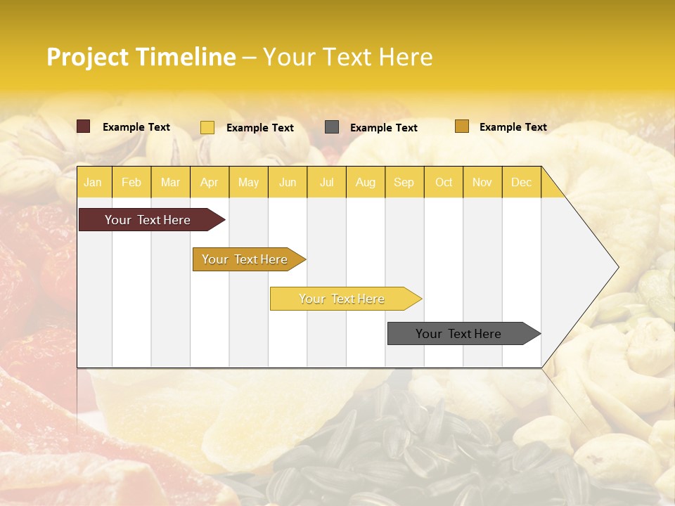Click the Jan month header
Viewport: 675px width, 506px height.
[x=93, y=183]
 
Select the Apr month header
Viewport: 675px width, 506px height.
[x=209, y=183]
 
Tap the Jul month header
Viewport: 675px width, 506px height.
[x=326, y=183]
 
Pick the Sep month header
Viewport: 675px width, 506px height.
[x=404, y=183]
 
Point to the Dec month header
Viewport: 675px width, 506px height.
[x=521, y=183]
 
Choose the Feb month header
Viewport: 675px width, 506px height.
[x=131, y=183]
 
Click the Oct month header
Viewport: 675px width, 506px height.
[x=444, y=183]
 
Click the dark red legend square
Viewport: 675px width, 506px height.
[x=84, y=126]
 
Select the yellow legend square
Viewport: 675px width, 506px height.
[x=207, y=127]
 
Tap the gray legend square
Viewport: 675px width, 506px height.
[x=332, y=127]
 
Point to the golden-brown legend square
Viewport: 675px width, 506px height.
[x=462, y=126]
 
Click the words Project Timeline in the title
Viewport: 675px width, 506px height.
[x=141, y=57]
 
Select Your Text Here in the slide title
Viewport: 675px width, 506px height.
[x=347, y=57]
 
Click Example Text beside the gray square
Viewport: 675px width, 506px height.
[x=384, y=128]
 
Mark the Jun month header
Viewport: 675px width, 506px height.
[x=288, y=183]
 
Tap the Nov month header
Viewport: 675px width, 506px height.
[x=482, y=183]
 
